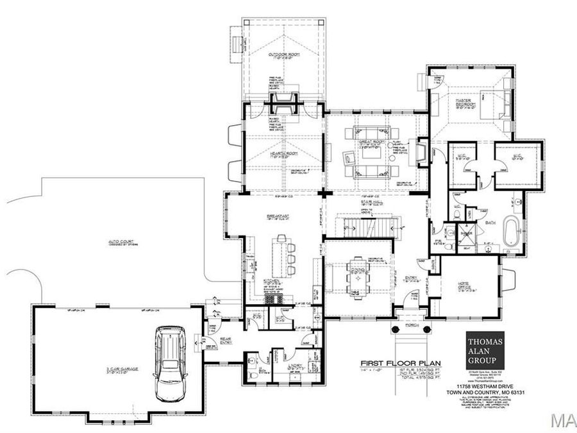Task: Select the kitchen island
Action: pos(280,255)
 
